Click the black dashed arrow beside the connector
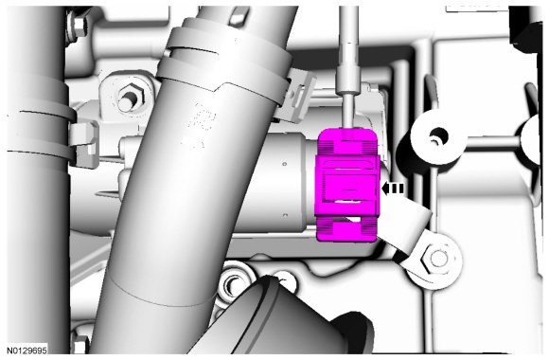[x=393, y=189]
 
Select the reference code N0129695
[x=27, y=350]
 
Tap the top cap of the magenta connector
[x=347, y=141]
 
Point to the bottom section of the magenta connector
[x=346, y=229]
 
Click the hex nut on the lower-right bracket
[x=436, y=259]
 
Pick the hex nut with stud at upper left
[x=130, y=96]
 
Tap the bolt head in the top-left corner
[x=80, y=25]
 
